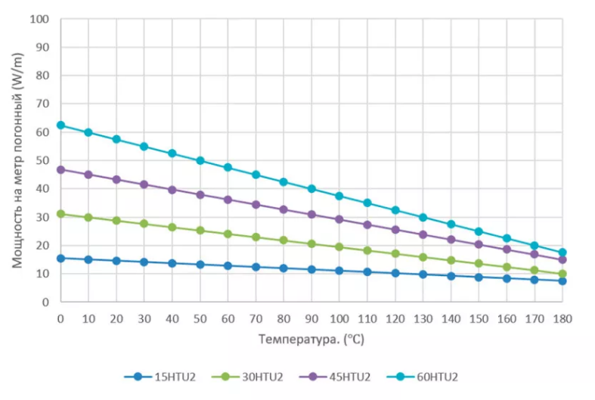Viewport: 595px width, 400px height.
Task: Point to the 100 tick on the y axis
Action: tap(39, 18)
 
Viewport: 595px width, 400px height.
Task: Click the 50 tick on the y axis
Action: tap(42, 160)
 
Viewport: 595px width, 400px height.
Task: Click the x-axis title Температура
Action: tap(311, 340)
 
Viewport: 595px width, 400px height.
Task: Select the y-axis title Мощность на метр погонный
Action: tap(17, 160)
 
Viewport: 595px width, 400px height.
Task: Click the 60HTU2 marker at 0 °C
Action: tap(60, 125)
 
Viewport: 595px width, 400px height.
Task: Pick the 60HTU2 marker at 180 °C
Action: tap(562, 253)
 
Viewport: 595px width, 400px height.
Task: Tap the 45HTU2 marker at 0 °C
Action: tap(60, 169)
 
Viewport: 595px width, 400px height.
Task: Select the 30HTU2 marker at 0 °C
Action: tap(60, 214)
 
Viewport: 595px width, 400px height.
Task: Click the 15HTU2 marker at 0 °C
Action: tap(60, 258)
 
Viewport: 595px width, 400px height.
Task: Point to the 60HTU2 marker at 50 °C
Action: tap(200, 160)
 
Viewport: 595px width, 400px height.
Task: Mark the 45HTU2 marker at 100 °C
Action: tap(339, 219)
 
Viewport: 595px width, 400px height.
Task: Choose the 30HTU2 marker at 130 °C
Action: tap(423, 257)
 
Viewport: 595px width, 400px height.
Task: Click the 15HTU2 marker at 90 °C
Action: tap(311, 269)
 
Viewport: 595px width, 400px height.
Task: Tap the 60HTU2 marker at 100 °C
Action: tap(339, 196)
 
